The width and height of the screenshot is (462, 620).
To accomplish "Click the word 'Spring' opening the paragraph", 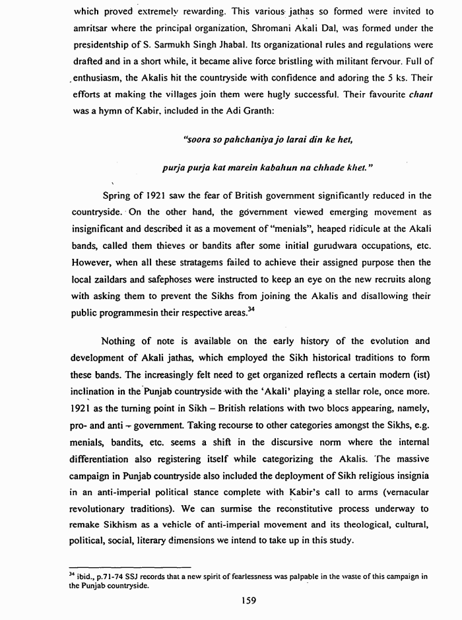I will click(x=117, y=195).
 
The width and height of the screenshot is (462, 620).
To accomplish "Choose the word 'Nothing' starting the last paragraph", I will click(x=119, y=341).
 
